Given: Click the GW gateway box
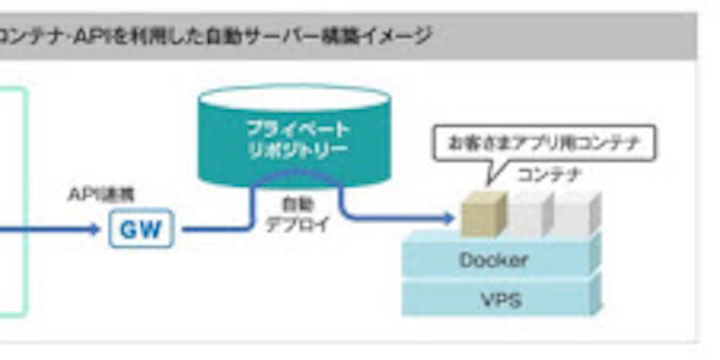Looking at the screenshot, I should coord(141,229).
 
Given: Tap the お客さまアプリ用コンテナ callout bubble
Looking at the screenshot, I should coord(544,143).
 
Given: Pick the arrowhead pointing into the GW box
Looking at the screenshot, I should coord(94,229).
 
